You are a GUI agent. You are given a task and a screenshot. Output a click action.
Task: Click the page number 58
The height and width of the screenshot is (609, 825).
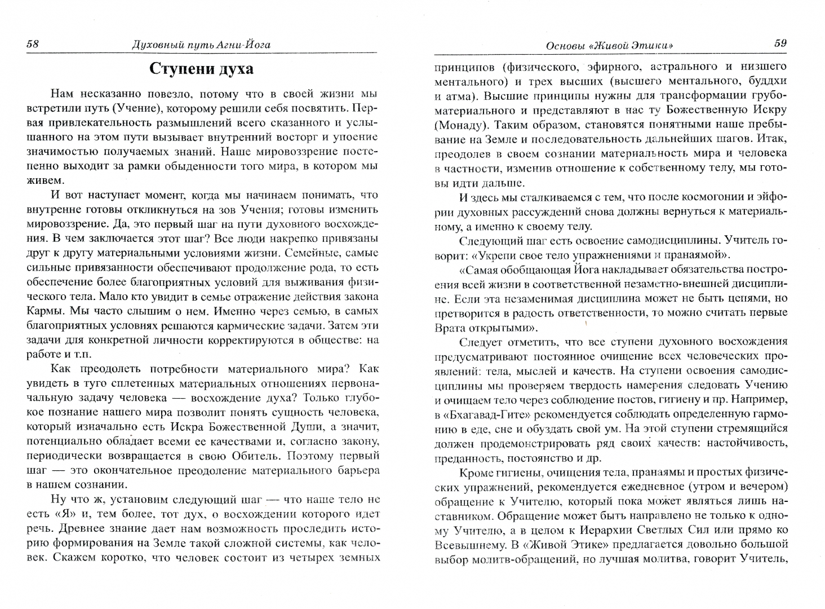pyautogui.click(x=33, y=44)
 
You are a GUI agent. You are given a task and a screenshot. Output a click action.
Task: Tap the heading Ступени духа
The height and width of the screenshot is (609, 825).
pyautogui.click(x=201, y=69)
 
